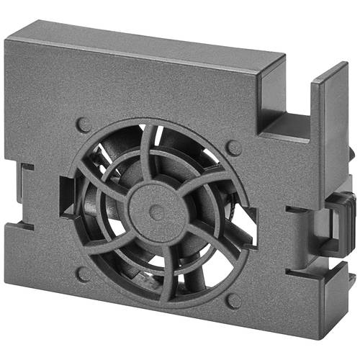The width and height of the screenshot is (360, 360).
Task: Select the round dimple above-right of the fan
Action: click(x=233, y=148)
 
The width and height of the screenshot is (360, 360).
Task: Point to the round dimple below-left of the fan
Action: click(x=84, y=274)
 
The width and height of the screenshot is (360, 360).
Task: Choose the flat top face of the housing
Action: click(x=158, y=40)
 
